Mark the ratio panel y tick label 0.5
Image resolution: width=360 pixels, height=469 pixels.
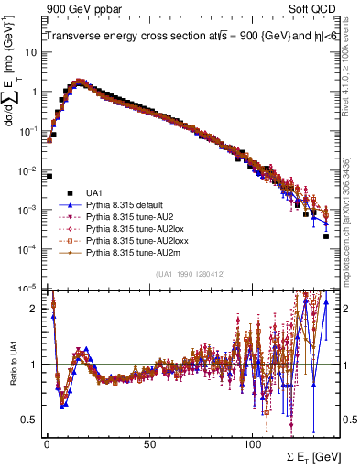pos(30,420)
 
